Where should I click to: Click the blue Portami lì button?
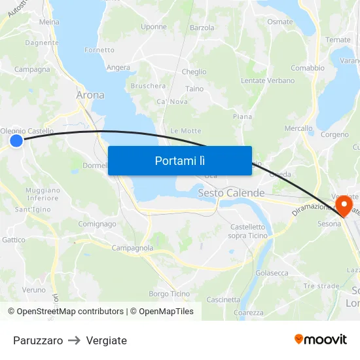click(x=179, y=160)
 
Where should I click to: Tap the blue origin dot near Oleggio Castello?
click(x=16, y=140)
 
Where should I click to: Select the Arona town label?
click(x=90, y=95)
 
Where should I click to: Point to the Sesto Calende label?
click(x=231, y=193)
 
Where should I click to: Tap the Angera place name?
click(x=118, y=67)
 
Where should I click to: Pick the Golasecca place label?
click(x=272, y=273)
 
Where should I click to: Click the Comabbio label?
click(x=308, y=68)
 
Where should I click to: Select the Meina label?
click(x=49, y=22)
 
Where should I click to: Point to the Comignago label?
click(x=97, y=224)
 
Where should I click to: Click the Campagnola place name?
click(x=132, y=248)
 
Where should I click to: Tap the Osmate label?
click(x=280, y=22)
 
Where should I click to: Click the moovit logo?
click(x=321, y=340)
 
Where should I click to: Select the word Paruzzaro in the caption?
click(x=38, y=340)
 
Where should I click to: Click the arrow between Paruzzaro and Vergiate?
click(x=75, y=340)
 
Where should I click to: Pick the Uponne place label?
click(x=154, y=27)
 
